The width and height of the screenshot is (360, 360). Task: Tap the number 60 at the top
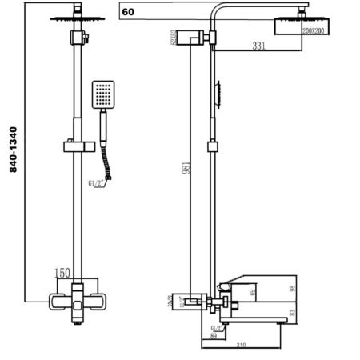coord(127,12)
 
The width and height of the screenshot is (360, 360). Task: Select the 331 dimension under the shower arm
coord(258,46)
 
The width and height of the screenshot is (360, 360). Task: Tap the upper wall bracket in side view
coord(193,38)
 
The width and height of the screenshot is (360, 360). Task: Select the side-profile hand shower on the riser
coord(217,94)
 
